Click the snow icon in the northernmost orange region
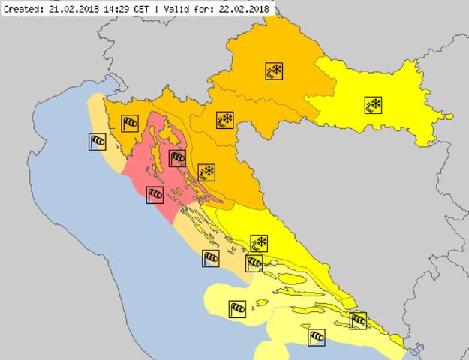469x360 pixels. click(274, 71)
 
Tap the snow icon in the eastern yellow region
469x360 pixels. click(373, 105)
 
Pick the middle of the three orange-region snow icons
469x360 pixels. click(224, 119)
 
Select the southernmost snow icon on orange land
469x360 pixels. click(206, 173)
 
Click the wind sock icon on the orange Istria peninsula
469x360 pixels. click(130, 122)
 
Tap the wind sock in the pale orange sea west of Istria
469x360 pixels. click(97, 141)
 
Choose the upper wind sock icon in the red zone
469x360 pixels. click(177, 157)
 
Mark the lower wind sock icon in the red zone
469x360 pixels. click(155, 195)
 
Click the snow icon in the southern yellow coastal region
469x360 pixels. click(259, 243)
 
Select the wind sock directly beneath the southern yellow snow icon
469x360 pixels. click(254, 262)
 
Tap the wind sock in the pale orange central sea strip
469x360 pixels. click(211, 259)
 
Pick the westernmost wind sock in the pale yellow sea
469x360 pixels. click(237, 307)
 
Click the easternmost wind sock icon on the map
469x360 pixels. click(359, 320)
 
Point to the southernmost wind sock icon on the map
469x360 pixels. click(317, 336)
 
